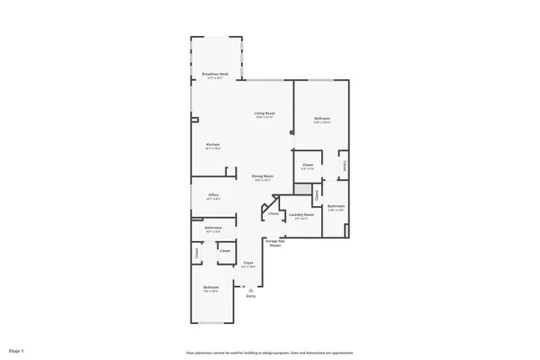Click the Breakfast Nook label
[x=213, y=75]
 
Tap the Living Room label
[x=264, y=112]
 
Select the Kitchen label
[x=213, y=144]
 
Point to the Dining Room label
[x=263, y=175]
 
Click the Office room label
[x=213, y=194]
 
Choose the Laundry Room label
[x=301, y=214]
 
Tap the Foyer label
[x=247, y=263]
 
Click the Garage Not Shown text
[x=274, y=243]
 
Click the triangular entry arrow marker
[x=250, y=289]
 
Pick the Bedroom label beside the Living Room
[x=322, y=119]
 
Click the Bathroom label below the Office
[x=213, y=229]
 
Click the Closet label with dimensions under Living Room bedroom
[x=307, y=165]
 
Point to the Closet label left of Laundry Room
[x=273, y=213]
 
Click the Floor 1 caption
[x=16, y=349]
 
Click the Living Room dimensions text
[x=264, y=118]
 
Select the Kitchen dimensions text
[x=213, y=148]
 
